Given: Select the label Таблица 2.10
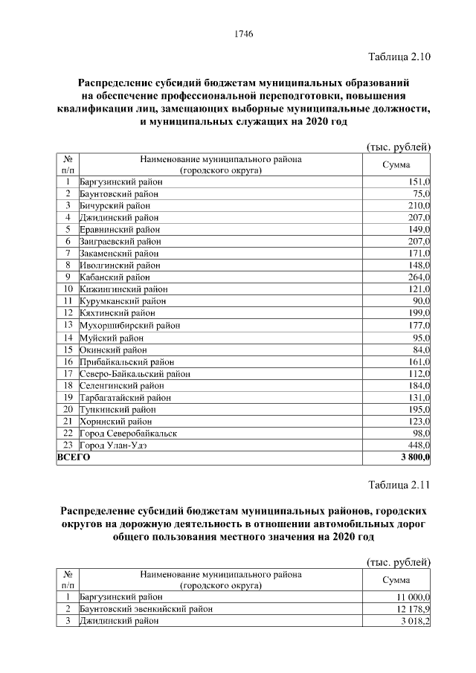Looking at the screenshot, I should [399, 57].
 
